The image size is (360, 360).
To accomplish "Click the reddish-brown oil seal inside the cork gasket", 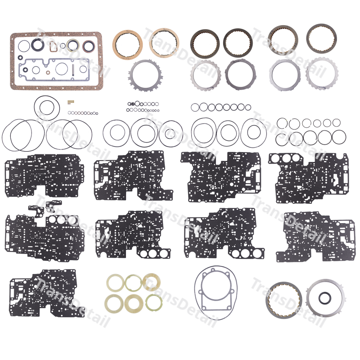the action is coord(88,46).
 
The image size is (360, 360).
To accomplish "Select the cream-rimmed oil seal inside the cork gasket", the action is coord(73,45).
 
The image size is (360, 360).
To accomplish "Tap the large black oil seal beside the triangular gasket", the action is coord(37,45).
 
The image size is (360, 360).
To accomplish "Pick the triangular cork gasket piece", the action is coord(53,46).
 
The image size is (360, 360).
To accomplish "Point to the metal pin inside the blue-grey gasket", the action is coord(73,70).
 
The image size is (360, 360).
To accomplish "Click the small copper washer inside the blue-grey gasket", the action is coord(48,73).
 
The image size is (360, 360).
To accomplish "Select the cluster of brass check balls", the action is coord(71,102).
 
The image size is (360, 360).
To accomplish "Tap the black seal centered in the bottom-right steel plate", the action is coord(324,297).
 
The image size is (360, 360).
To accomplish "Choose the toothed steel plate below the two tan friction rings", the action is coord(145,76).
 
